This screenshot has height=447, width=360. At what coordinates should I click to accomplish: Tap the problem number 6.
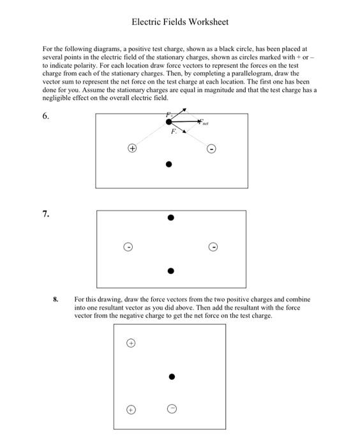[46, 116]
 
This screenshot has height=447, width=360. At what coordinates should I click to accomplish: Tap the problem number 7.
[46, 214]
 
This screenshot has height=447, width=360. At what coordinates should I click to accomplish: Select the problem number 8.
[56, 298]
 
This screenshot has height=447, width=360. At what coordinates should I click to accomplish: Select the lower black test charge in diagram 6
[169, 164]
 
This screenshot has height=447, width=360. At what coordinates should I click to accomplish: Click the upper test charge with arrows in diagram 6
[169, 121]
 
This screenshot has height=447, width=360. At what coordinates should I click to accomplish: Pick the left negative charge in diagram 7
[128, 246]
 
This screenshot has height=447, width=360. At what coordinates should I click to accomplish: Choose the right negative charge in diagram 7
[214, 246]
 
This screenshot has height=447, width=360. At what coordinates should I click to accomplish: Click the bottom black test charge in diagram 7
[170, 271]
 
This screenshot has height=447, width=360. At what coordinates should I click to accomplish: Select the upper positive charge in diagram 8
[130, 343]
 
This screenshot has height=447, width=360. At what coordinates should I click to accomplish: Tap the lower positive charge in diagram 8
[130, 409]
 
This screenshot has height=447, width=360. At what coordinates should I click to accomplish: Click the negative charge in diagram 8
[171, 409]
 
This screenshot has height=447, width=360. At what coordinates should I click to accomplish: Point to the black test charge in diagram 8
[171, 377]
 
